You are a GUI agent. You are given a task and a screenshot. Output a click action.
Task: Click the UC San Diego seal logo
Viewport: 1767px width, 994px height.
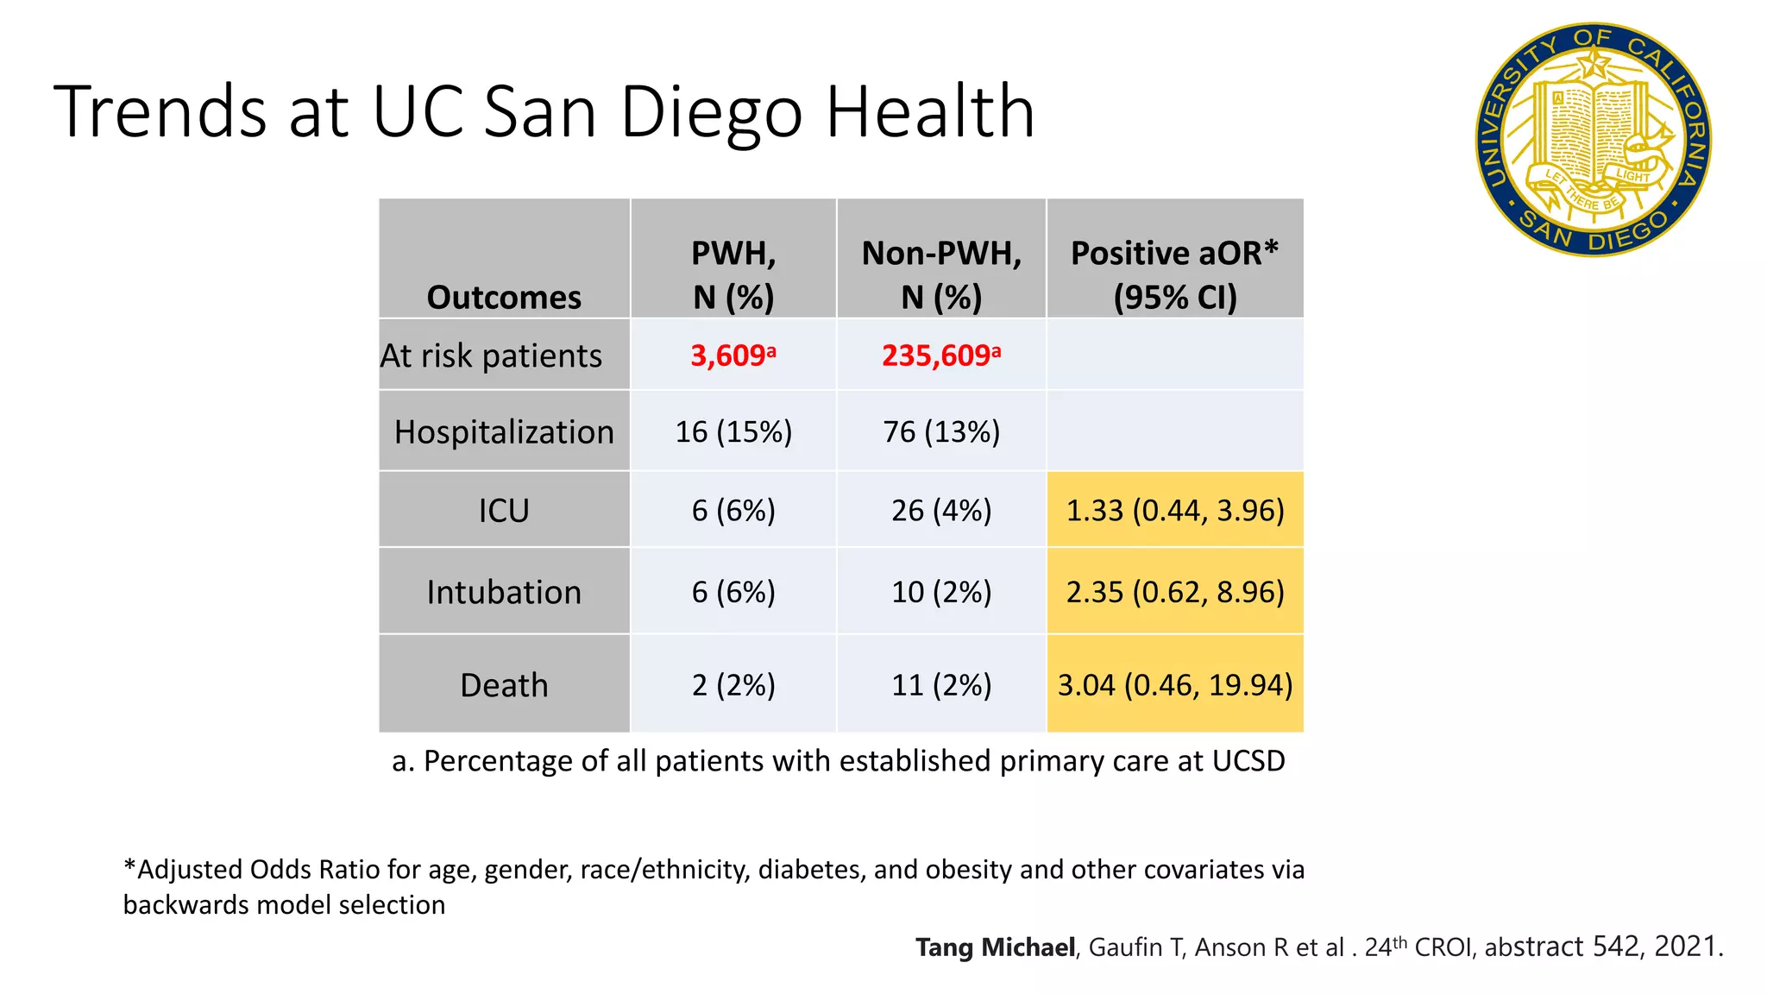point(1593,140)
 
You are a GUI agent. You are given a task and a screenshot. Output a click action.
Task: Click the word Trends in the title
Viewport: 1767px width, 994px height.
point(160,111)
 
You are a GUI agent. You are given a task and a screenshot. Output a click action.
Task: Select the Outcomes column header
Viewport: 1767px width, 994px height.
point(504,297)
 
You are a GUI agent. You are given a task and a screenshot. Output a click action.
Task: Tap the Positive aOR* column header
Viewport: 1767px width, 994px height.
point(1174,274)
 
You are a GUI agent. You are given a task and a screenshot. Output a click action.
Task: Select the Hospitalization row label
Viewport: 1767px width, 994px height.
point(504,431)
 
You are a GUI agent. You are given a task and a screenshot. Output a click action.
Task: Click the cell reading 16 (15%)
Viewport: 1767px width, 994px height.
point(733,431)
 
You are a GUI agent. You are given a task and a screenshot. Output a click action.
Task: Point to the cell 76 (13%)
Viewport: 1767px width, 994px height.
point(941,431)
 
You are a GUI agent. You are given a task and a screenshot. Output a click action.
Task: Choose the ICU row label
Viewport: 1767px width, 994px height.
point(504,511)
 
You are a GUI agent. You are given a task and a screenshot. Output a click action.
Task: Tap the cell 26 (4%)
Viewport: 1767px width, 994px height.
point(941,511)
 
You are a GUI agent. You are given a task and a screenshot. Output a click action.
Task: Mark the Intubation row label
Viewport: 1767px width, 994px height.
point(504,593)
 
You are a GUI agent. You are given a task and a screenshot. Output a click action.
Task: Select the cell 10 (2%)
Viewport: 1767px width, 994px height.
point(941,593)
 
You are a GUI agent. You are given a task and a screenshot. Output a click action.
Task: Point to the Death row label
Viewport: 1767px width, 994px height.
point(504,685)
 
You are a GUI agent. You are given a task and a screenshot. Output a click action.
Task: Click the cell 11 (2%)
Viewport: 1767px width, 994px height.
point(941,685)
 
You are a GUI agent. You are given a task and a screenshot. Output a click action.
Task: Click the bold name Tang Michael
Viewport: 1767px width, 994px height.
point(995,947)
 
